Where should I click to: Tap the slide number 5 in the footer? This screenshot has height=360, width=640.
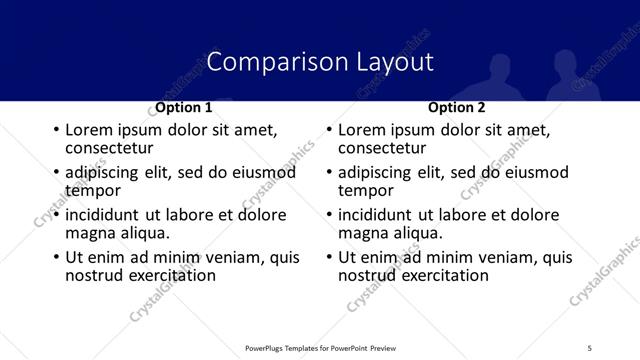tap(589, 347)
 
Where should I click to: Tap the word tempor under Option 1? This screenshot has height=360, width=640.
tap(92, 190)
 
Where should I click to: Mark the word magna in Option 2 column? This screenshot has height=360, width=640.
tap(362, 233)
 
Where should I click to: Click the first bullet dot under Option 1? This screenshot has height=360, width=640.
tap(55, 131)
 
